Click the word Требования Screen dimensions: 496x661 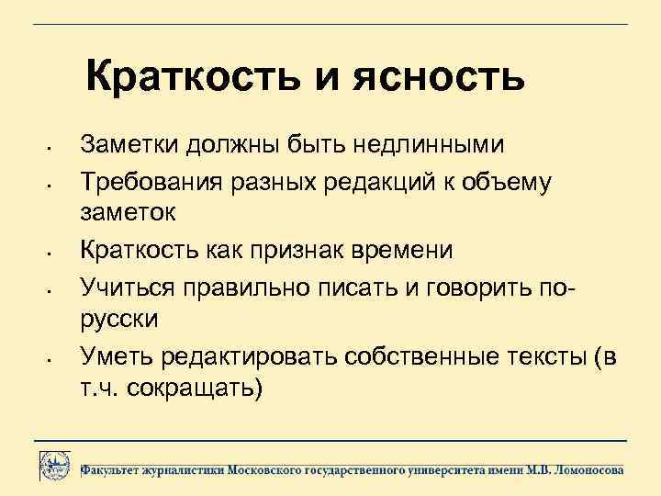pos(152,181)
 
